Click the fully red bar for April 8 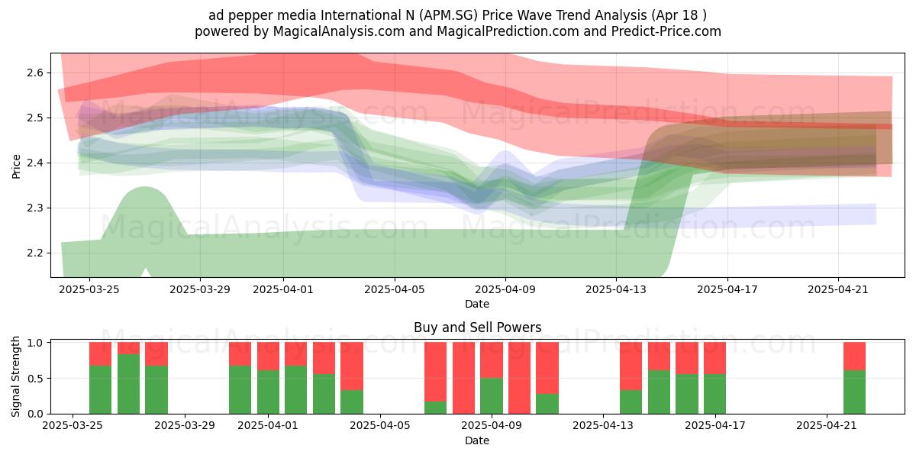click(464, 378)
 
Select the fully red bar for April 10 click(519, 378)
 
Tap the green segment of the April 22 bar click(855, 392)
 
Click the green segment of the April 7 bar click(436, 408)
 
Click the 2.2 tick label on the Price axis click(35, 253)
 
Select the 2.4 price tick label click(35, 163)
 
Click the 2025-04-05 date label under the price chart click(395, 289)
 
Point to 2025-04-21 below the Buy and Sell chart click(827, 426)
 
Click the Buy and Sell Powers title click(478, 327)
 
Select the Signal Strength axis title click(15, 376)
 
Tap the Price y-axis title click(16, 166)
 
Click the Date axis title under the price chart click(477, 304)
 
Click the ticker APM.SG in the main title click(450, 15)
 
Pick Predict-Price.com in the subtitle click(666, 31)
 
